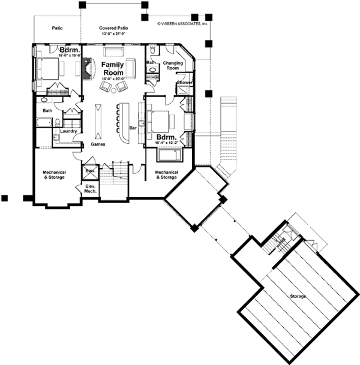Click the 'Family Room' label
click(x=112, y=68)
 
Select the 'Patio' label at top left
click(x=58, y=28)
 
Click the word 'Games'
click(x=98, y=144)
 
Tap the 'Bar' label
click(x=133, y=128)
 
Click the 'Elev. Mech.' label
click(x=91, y=189)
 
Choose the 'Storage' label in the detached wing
click(x=298, y=297)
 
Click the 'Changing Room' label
click(x=172, y=66)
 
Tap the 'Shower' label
click(x=184, y=83)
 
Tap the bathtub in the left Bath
click(x=46, y=123)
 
